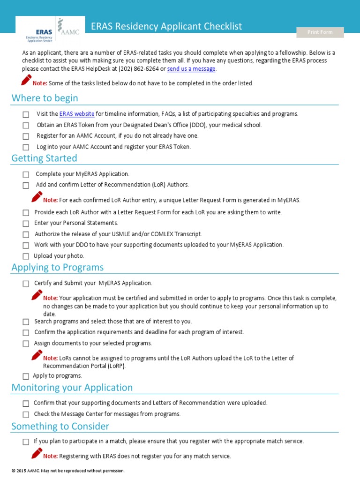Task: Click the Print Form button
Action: pyautogui.click(x=320, y=32)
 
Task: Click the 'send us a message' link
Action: pyautogui.click(x=191, y=69)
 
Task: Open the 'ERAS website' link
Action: pyautogui.click(x=77, y=114)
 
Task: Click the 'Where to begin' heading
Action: pyautogui.click(x=45, y=98)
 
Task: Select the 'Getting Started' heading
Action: pyautogui.click(x=44, y=158)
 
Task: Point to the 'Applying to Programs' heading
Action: pyautogui.click(x=57, y=267)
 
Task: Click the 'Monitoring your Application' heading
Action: pyautogui.click(x=72, y=388)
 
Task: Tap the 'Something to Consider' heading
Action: pyautogui.click(x=60, y=426)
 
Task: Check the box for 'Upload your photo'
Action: pyautogui.click(x=26, y=256)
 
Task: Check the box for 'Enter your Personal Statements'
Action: pyautogui.click(x=26, y=224)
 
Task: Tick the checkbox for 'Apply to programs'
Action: pyautogui.click(x=26, y=376)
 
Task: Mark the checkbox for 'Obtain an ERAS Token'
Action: pyautogui.click(x=26, y=126)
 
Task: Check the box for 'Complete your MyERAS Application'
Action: pyautogui.click(x=26, y=174)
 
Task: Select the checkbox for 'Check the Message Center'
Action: pyautogui.click(x=26, y=414)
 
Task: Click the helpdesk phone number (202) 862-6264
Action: pyautogui.click(x=139, y=69)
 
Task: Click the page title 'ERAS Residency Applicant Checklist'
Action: pyautogui.click(x=166, y=27)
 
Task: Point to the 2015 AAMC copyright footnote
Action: pyautogui.click(x=68, y=471)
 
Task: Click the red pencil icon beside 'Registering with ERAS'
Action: pyautogui.click(x=37, y=453)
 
